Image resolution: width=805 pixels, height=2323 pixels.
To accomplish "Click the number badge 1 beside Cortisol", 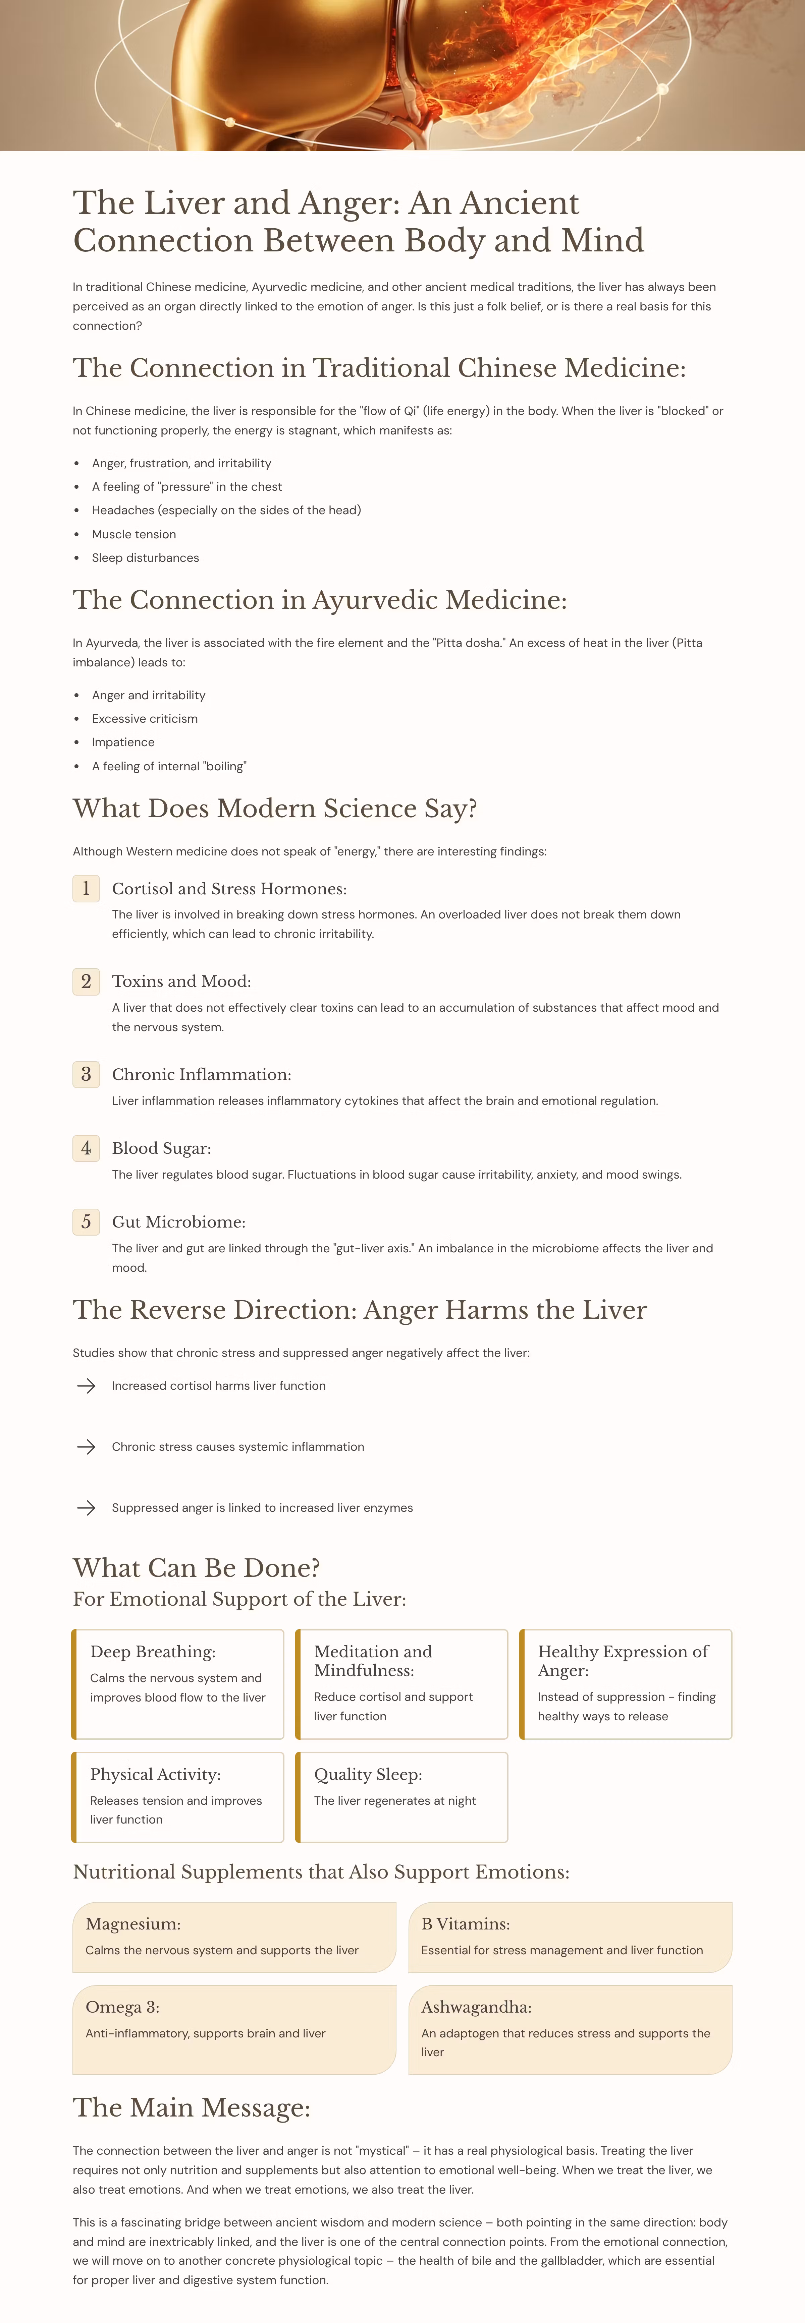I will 86,888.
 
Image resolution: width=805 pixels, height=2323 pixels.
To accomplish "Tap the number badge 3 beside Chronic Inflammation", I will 86,1074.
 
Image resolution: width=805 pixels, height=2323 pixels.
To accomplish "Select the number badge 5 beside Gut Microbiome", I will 86,1222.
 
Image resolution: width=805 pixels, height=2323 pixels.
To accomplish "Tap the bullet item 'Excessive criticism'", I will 144,719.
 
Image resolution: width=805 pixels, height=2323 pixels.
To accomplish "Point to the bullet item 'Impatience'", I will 123,742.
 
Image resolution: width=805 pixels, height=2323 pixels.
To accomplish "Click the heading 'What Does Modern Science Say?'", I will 274,808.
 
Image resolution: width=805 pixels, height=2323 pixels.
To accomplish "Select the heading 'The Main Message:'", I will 191,2107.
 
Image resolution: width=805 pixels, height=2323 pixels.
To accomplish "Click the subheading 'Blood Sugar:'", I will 162,1148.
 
